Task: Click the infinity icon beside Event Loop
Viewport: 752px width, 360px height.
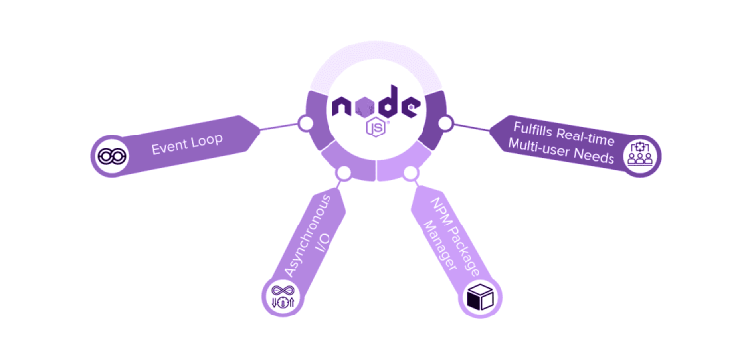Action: click(x=108, y=156)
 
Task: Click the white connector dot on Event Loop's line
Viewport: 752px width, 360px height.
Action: click(x=306, y=124)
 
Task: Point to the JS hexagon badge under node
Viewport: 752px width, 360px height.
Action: click(x=376, y=127)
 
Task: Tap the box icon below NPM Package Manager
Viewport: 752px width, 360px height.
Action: click(x=479, y=298)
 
